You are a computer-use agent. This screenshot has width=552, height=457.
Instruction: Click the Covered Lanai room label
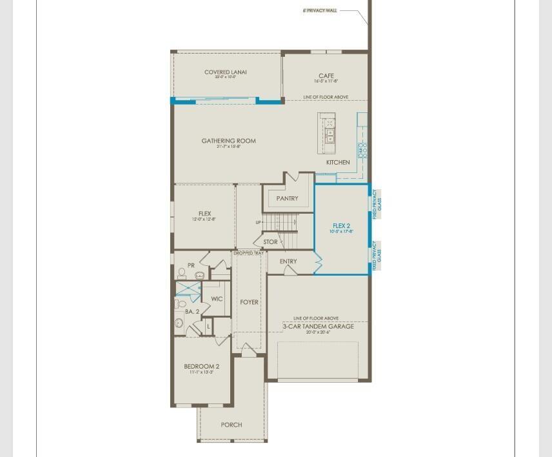[226, 72]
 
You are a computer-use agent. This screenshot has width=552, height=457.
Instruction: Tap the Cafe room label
[326, 76]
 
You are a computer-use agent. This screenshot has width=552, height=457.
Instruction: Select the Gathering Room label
[228, 141]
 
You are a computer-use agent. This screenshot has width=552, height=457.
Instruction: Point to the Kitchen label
[338, 163]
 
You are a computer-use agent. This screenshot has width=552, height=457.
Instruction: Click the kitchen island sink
[330, 136]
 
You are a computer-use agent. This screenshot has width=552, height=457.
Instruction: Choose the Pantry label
[287, 199]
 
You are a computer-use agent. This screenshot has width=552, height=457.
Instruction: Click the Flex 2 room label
[342, 226]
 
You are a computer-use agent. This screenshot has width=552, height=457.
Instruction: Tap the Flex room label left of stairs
[204, 214]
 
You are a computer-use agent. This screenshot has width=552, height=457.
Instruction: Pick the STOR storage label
[271, 243]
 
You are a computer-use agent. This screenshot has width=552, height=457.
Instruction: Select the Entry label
[288, 261]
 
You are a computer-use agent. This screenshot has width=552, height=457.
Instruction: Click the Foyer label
[249, 302]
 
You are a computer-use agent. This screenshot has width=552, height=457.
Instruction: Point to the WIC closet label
[217, 300]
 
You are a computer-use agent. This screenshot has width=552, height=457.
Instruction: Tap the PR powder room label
[191, 265]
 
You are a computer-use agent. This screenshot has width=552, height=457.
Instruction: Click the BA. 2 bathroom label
[192, 312]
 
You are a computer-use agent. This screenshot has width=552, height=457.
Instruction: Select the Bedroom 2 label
[202, 367]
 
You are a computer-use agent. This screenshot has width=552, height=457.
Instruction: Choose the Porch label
[232, 425]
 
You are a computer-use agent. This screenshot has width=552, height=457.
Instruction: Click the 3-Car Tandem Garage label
[318, 327]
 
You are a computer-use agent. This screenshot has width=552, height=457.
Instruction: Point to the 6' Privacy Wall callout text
[320, 10]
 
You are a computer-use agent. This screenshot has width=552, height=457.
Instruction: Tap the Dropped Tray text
[248, 253]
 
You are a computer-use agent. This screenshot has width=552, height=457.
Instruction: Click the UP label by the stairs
[259, 223]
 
